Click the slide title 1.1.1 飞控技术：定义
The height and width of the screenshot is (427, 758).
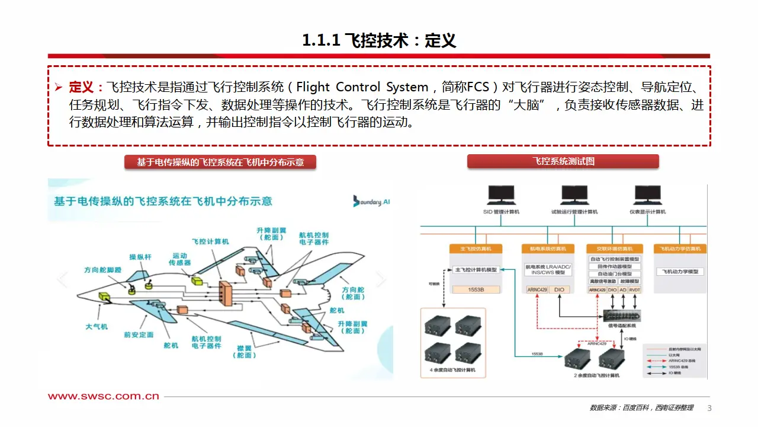point(379,40)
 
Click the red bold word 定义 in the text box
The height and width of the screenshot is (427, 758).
point(81,87)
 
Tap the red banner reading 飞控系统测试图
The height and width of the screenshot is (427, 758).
point(563,161)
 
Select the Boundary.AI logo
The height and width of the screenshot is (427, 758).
point(371,201)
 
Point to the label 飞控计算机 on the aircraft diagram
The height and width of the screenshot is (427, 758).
point(210,242)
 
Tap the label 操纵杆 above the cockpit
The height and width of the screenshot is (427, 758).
point(141,257)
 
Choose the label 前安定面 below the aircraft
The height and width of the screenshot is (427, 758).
point(139,334)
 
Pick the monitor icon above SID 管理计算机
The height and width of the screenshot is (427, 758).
point(501,195)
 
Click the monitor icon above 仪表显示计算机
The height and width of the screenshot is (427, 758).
point(647,195)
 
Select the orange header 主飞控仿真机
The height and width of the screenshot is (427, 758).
point(476,248)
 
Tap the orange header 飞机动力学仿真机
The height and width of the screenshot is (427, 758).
point(680,248)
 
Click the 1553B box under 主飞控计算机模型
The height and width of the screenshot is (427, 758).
point(476,289)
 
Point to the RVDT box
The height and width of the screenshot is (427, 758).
point(634,289)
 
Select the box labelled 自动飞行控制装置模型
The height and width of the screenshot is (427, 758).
point(615,259)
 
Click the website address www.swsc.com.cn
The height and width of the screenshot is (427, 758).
point(104,396)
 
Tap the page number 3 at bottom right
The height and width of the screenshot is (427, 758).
point(709,408)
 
